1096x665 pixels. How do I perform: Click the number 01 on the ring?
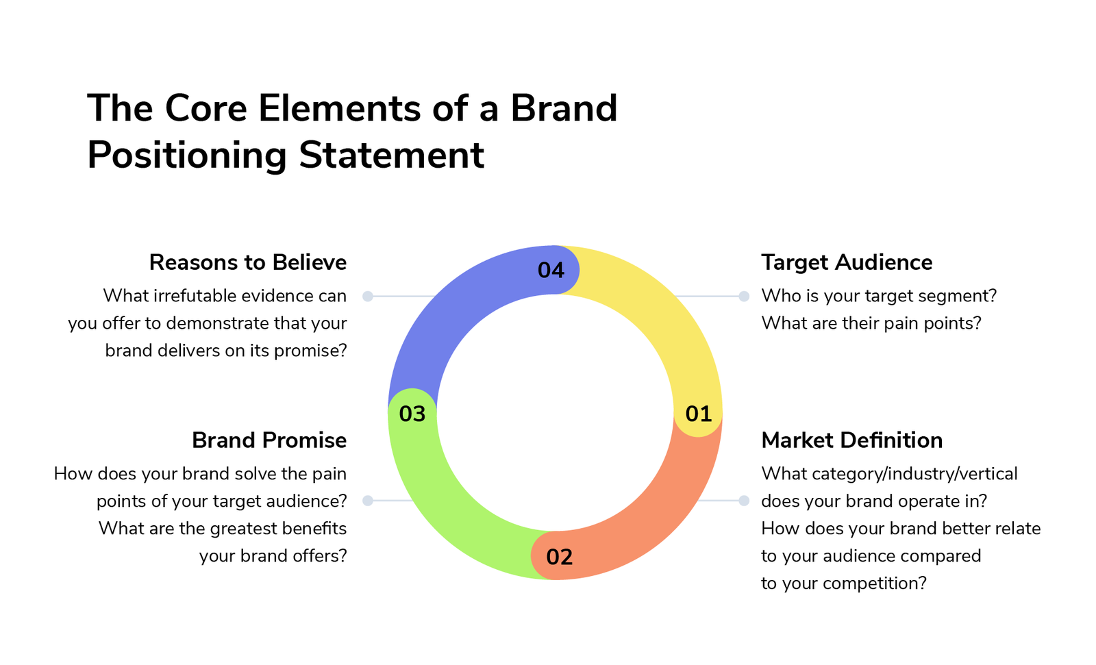point(698,414)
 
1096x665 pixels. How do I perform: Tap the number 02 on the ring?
point(559,557)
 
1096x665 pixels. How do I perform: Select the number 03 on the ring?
point(412,414)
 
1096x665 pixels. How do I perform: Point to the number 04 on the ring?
point(551,270)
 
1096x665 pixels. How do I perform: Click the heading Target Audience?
point(847,262)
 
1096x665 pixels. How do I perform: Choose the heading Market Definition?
point(852,440)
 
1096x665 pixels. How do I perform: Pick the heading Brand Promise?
point(269,440)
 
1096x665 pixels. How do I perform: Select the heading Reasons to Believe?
point(247,262)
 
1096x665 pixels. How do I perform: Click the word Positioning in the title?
point(187,155)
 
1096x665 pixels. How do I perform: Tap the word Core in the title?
point(206,108)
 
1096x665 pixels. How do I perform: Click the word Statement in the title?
point(391,155)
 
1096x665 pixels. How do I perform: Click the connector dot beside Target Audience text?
point(744,296)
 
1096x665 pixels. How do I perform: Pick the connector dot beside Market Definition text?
point(744,501)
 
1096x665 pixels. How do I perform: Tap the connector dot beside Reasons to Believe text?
point(368,296)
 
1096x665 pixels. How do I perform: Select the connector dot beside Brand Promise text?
point(368,501)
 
